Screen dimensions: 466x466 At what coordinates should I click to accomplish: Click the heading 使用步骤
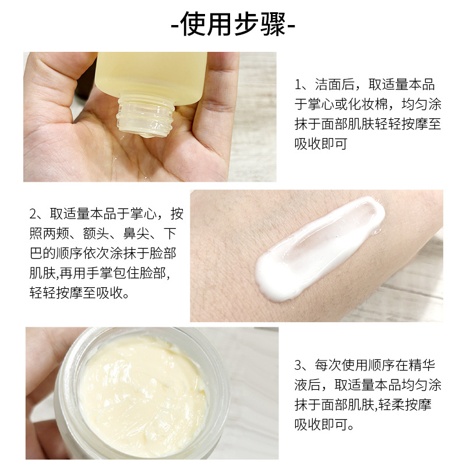coord(233,24)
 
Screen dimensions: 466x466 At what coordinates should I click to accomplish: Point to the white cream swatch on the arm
coord(320,249)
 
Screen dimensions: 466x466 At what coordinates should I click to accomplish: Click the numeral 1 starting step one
coord(298,85)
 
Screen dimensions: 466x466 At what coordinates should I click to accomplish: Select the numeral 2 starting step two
coord(33,214)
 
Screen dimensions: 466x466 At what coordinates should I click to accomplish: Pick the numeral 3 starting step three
coord(298,366)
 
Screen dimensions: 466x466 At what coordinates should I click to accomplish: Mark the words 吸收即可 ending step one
coord(322,144)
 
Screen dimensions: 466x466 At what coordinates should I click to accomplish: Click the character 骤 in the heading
coord(273,24)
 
